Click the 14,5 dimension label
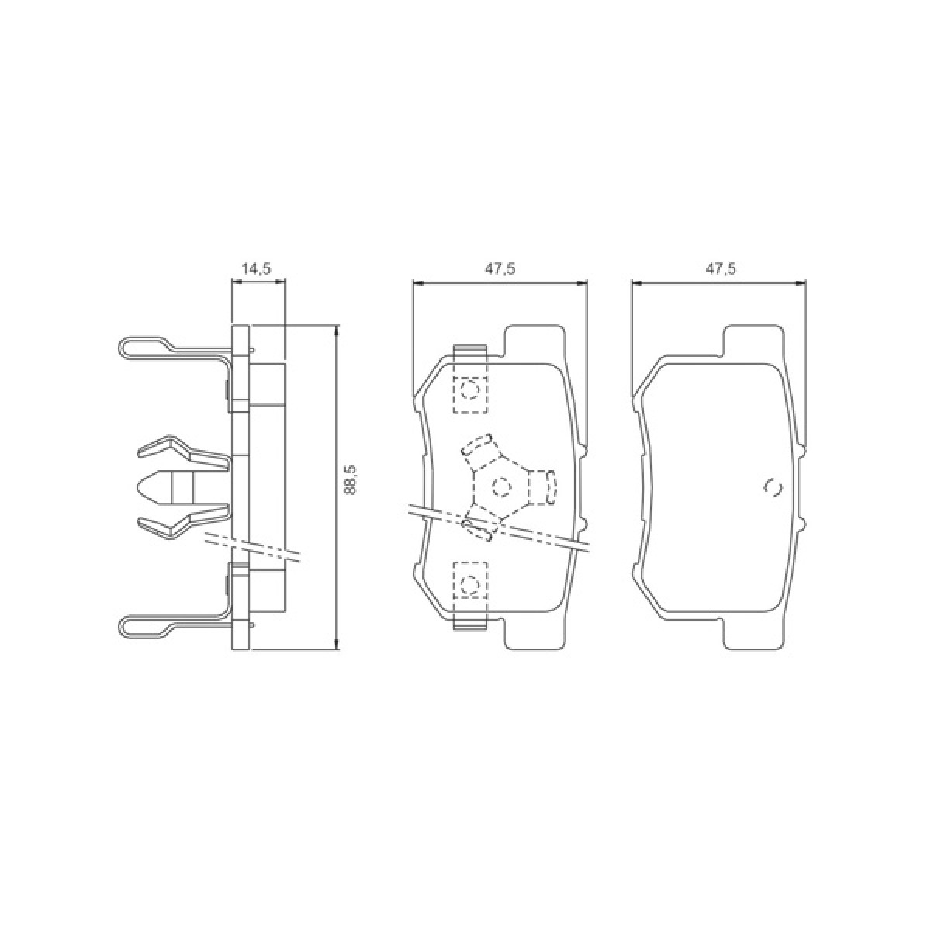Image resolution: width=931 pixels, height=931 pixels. point(256,269)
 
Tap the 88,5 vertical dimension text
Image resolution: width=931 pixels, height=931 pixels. point(350,481)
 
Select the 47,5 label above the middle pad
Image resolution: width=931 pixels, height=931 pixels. point(501,269)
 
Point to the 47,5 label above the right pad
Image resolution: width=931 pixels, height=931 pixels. point(720,269)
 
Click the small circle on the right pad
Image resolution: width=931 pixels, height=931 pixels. point(773,487)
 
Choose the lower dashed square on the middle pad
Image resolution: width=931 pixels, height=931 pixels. point(469,581)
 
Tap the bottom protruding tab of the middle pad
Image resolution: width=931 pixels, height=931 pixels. point(535,634)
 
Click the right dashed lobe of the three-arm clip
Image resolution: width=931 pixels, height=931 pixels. point(549,487)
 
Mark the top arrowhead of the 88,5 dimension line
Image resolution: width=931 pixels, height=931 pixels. point(337,330)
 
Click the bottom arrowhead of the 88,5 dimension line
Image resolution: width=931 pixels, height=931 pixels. point(337,645)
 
